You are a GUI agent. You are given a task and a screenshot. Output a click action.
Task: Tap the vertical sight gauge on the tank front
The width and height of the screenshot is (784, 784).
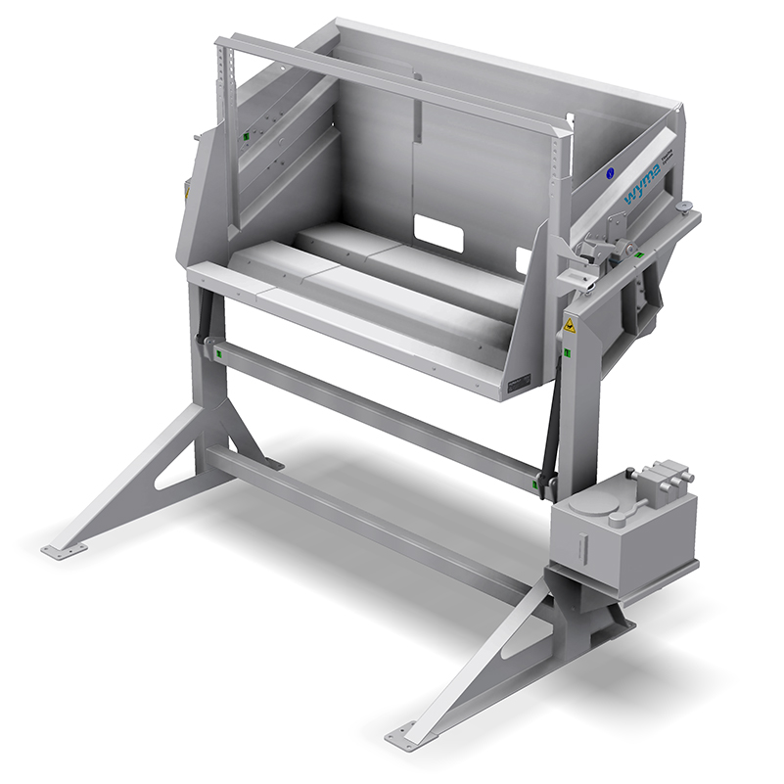[583, 542]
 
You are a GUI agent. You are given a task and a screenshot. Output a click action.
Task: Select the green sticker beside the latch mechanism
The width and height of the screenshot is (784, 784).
[638, 254]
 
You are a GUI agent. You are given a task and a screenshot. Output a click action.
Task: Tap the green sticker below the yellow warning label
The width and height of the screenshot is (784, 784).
[568, 353]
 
